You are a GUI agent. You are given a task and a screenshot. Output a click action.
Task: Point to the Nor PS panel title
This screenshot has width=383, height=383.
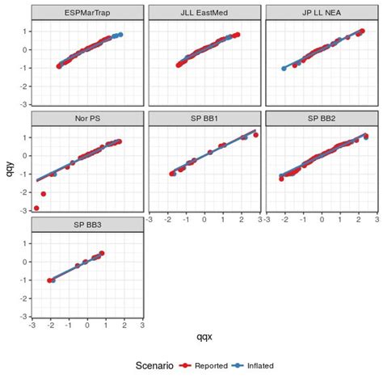pos(87,118)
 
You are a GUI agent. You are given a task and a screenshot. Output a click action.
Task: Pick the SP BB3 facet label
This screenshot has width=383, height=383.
pos(87,224)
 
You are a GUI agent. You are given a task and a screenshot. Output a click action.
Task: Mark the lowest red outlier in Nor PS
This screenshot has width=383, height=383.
pos(36,208)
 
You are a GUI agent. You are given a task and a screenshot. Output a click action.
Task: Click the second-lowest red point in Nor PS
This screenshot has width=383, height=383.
pos(43,194)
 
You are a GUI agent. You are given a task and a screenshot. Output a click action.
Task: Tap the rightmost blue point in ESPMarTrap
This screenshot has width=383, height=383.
pos(120,35)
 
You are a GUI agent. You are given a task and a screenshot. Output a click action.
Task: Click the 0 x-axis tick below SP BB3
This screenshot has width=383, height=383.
pos(87,326)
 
